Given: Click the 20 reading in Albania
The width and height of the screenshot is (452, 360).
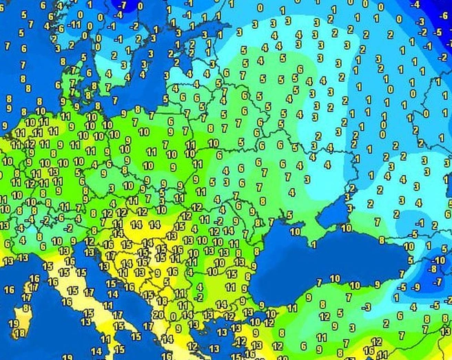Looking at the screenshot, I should (x=158, y=315).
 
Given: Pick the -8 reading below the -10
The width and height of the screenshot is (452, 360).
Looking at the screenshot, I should (x=434, y=271).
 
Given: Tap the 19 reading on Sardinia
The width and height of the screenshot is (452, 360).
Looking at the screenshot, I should (x=14, y=323).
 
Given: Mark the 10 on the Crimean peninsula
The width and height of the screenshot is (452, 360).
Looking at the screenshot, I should (x=294, y=231).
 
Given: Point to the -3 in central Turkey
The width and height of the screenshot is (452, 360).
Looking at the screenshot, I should (x=366, y=306).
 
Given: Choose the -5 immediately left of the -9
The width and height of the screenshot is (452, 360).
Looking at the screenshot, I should (x=403, y=285).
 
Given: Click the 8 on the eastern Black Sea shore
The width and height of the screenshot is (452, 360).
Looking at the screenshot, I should (x=382, y=240).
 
